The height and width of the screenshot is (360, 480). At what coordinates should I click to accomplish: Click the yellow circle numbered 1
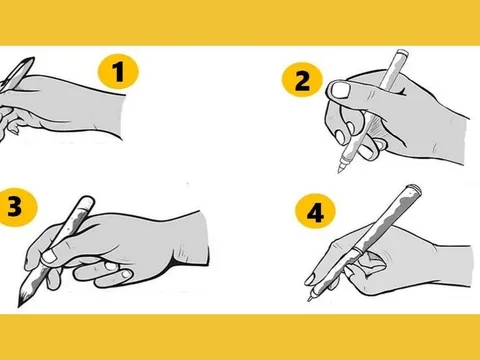118,72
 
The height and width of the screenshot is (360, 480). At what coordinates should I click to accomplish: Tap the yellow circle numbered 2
302,80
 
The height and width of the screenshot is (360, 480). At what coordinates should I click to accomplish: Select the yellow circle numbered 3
17,207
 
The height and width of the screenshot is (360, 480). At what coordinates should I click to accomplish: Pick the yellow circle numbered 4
315,211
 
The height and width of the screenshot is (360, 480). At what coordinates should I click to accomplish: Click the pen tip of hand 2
339,171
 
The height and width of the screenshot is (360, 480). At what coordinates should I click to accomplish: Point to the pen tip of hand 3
20,303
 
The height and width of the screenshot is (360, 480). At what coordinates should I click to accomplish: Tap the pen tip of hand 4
310,299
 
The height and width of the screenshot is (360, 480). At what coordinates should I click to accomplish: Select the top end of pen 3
87,200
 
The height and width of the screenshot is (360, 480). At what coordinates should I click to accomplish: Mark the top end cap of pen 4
415,189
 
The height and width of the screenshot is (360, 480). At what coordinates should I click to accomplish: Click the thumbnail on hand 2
341,90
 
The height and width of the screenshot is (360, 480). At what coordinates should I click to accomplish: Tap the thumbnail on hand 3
49,256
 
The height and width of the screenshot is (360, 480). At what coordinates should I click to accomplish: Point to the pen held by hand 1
16,74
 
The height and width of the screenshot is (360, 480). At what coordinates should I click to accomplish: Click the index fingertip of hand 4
310,279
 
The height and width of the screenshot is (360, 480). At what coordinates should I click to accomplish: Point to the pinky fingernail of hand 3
127,274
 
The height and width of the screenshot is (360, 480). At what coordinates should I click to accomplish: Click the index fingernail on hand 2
340,137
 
